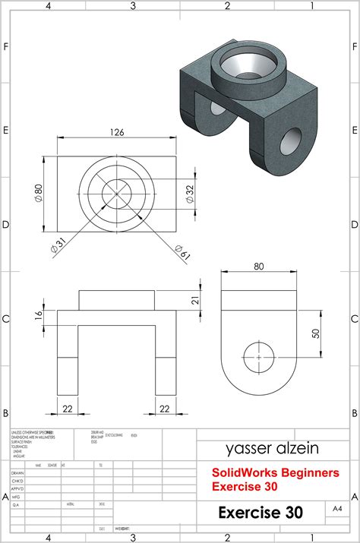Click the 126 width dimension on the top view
point(117,132)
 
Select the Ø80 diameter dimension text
point(39,193)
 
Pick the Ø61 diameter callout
point(182,251)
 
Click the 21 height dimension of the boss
point(194,301)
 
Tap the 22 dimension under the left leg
point(68,409)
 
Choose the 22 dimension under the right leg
point(165,409)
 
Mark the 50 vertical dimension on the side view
point(315,333)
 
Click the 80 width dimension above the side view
point(259,267)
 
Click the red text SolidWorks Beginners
point(275,472)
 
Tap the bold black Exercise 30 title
point(261,513)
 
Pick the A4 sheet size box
point(336,507)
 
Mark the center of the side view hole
point(259,356)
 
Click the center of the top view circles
point(117,193)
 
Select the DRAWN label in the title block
point(18,472)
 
